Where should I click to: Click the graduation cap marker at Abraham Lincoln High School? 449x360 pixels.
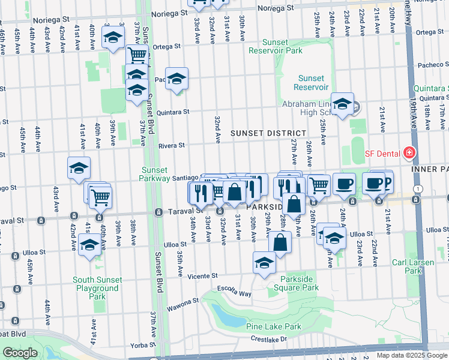(x=342, y=105)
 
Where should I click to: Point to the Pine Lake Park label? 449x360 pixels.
(x=273, y=327)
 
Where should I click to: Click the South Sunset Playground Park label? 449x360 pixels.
(x=97, y=288)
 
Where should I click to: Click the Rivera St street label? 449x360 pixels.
(x=170, y=145)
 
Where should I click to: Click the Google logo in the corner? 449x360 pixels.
(x=20, y=353)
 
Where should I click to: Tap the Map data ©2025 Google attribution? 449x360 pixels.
(x=411, y=355)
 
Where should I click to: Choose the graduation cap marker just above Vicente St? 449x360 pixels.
(x=264, y=263)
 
